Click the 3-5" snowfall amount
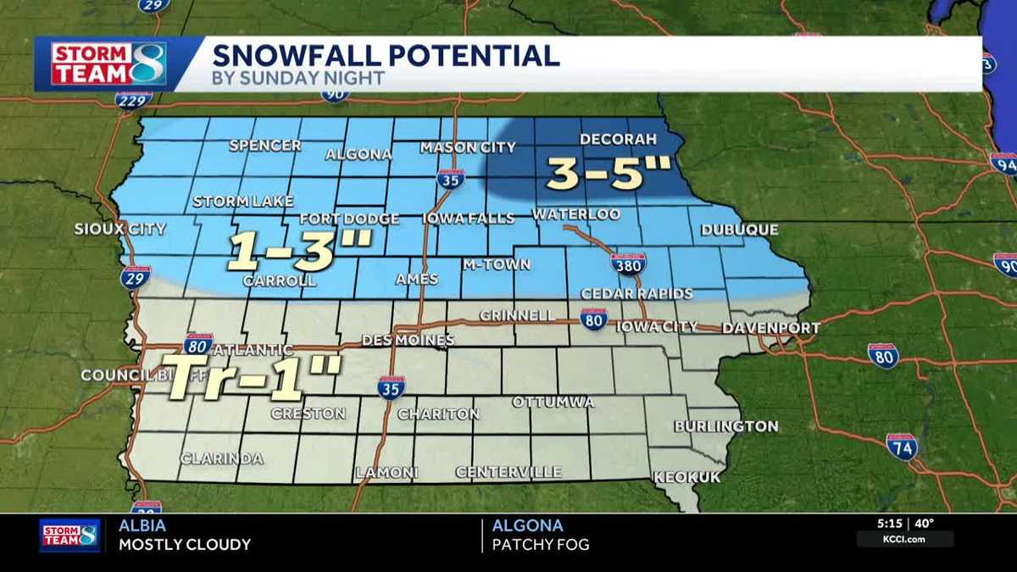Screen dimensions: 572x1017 point(609,174)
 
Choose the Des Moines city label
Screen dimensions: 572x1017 point(408,340)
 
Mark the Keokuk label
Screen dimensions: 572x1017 point(686,477)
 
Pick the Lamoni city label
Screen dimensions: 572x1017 point(386,472)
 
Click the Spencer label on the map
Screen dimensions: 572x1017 point(265,146)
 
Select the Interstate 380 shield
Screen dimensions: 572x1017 point(628,264)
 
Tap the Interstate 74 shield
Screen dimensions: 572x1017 point(901,445)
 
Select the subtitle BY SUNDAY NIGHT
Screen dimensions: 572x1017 point(298,79)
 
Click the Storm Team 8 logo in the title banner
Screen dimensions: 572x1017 point(108,64)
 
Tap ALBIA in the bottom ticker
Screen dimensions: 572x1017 point(140,526)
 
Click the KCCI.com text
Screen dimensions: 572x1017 point(904,539)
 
